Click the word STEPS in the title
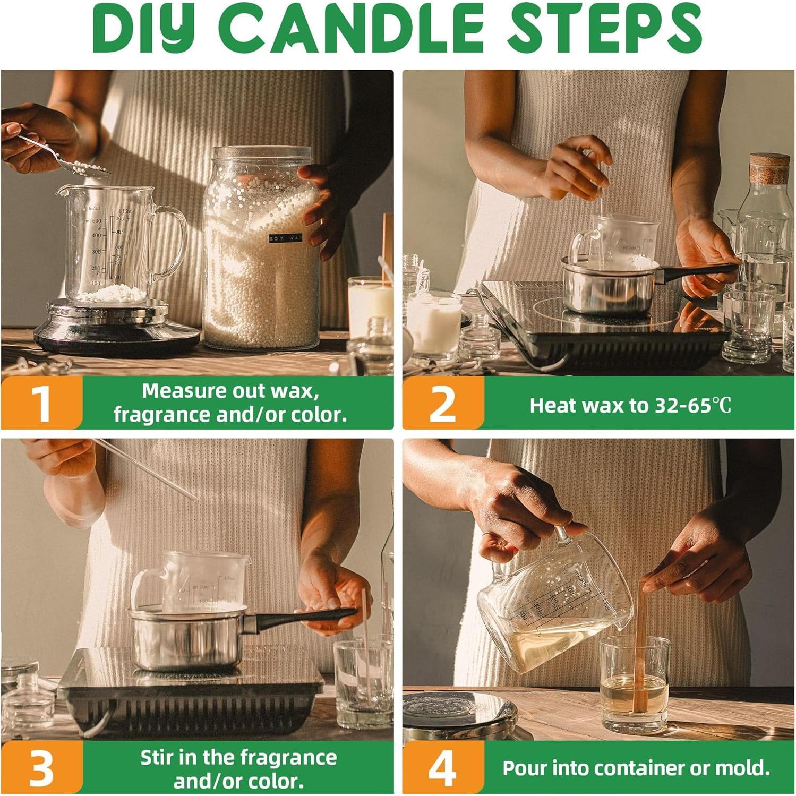605,28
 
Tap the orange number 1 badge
41,403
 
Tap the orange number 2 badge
443,403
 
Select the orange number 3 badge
41,768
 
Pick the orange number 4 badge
443,768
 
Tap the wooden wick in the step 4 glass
641,645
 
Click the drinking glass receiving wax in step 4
635,685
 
